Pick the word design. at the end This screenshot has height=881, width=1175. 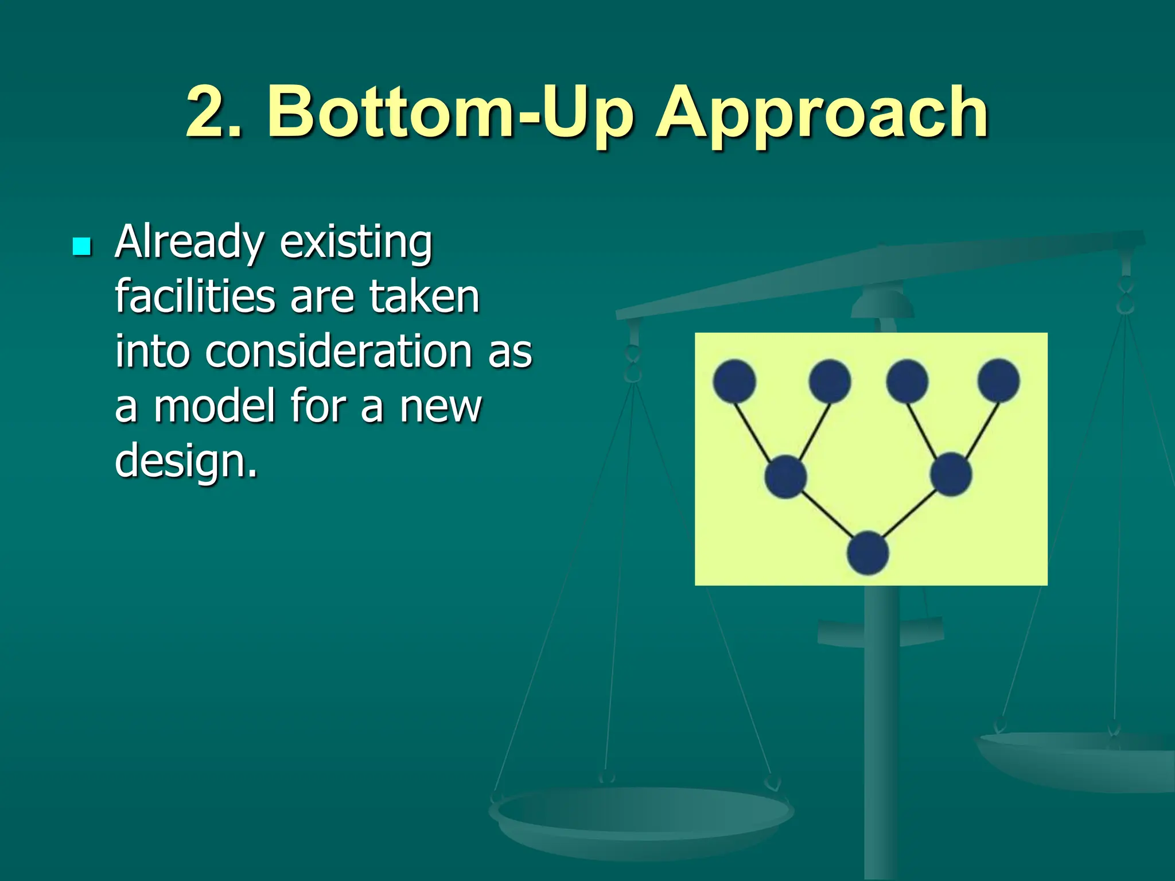(186, 460)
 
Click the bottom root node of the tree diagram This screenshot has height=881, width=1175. (868, 553)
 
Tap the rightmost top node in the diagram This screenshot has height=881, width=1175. (999, 380)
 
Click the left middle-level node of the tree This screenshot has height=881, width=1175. (786, 477)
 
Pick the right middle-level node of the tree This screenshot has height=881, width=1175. (951, 474)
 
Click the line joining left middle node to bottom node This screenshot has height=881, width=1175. (827, 514)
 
